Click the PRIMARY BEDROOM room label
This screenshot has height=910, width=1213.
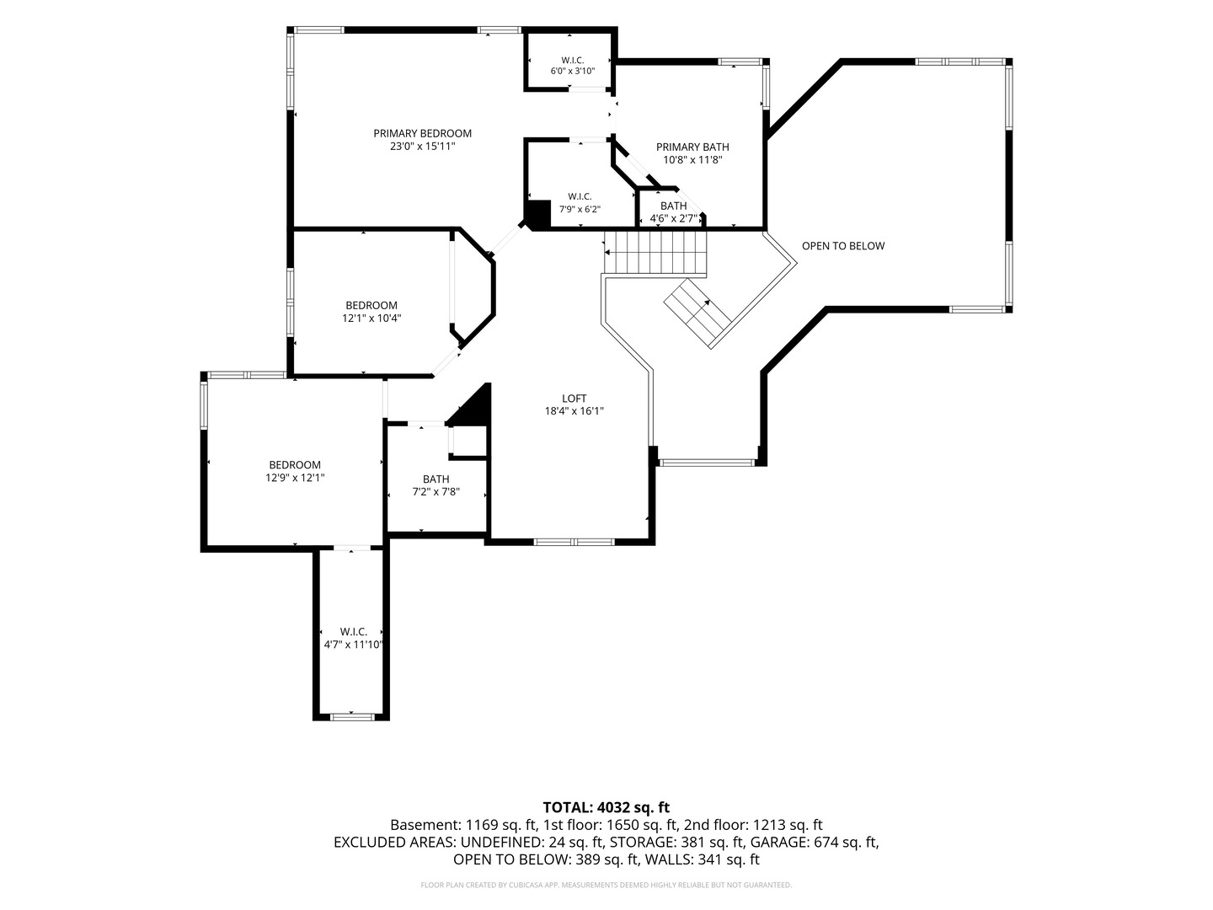(x=422, y=133)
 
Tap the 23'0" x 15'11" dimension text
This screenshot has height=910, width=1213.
(x=422, y=147)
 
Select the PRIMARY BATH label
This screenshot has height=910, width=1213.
(x=692, y=147)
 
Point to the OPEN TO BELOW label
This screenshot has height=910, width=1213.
(x=842, y=246)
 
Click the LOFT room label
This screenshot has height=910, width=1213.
(x=574, y=398)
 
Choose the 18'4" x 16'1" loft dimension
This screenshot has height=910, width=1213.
(x=574, y=411)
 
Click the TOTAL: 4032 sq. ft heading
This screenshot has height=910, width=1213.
(x=606, y=807)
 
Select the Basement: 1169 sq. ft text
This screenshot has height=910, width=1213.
(x=463, y=825)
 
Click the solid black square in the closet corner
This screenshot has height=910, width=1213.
(x=537, y=214)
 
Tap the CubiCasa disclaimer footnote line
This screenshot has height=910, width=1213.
(x=606, y=885)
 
